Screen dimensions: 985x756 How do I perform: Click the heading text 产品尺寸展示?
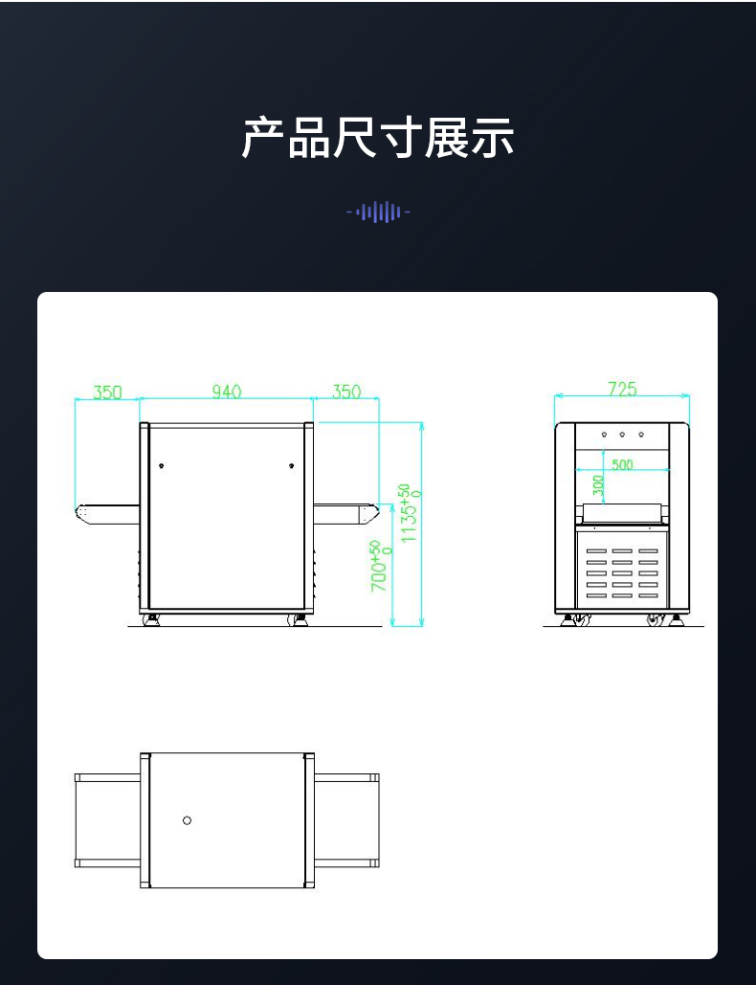(378, 138)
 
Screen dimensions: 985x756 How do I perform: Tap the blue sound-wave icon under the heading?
(378, 212)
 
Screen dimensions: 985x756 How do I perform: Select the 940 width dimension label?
(227, 392)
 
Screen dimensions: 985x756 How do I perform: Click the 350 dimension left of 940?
(107, 392)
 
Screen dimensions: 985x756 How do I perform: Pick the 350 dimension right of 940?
(346, 392)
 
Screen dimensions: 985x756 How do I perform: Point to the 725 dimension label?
(622, 389)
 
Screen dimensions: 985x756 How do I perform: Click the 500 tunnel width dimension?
(622, 464)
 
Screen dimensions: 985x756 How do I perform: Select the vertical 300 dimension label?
(598, 486)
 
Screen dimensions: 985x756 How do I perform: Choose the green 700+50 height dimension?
(381, 565)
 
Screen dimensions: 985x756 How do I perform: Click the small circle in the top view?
(187, 820)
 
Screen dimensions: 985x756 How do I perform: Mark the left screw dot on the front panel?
(162, 466)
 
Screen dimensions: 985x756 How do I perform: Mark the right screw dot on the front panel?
(291, 466)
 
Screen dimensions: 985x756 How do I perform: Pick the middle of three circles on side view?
(622, 435)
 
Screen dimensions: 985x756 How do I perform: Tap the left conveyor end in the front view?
(83, 513)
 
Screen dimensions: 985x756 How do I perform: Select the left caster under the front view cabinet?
(151, 620)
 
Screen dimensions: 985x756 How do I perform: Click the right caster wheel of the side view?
(656, 620)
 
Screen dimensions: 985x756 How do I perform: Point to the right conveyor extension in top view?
(346, 820)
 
